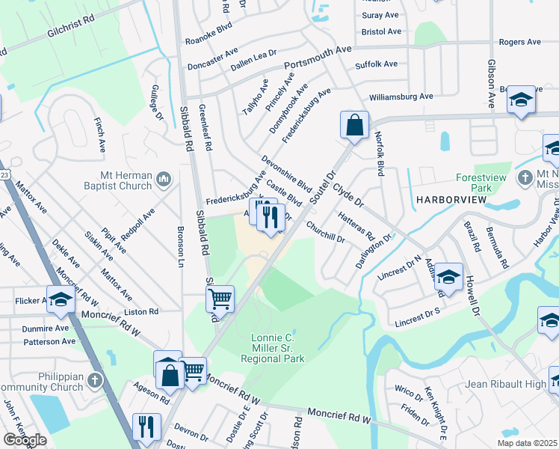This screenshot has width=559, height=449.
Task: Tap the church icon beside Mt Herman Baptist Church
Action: point(164,180)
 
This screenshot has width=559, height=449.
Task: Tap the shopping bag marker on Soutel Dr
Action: point(354,125)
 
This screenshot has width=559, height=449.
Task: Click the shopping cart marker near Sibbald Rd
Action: point(220,299)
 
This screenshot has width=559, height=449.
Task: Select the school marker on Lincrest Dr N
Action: point(448,276)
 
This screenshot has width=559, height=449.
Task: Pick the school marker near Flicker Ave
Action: point(61,299)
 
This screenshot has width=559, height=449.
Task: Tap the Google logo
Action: point(25,440)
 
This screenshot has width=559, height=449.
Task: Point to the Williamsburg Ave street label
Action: point(401,97)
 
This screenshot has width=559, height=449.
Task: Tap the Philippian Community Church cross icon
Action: point(94,380)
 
